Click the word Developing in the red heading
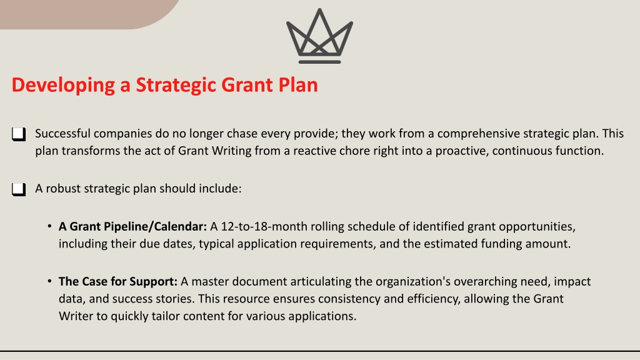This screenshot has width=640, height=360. click(63, 85)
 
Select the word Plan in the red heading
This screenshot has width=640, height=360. click(298, 85)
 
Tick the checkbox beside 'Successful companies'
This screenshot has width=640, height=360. click(19, 134)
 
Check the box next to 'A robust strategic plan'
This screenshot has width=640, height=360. click(19, 189)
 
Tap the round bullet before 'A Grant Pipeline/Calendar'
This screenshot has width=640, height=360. click(49, 226)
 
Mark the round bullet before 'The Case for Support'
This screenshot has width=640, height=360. click(49, 281)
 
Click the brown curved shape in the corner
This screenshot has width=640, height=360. click(82, 13)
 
